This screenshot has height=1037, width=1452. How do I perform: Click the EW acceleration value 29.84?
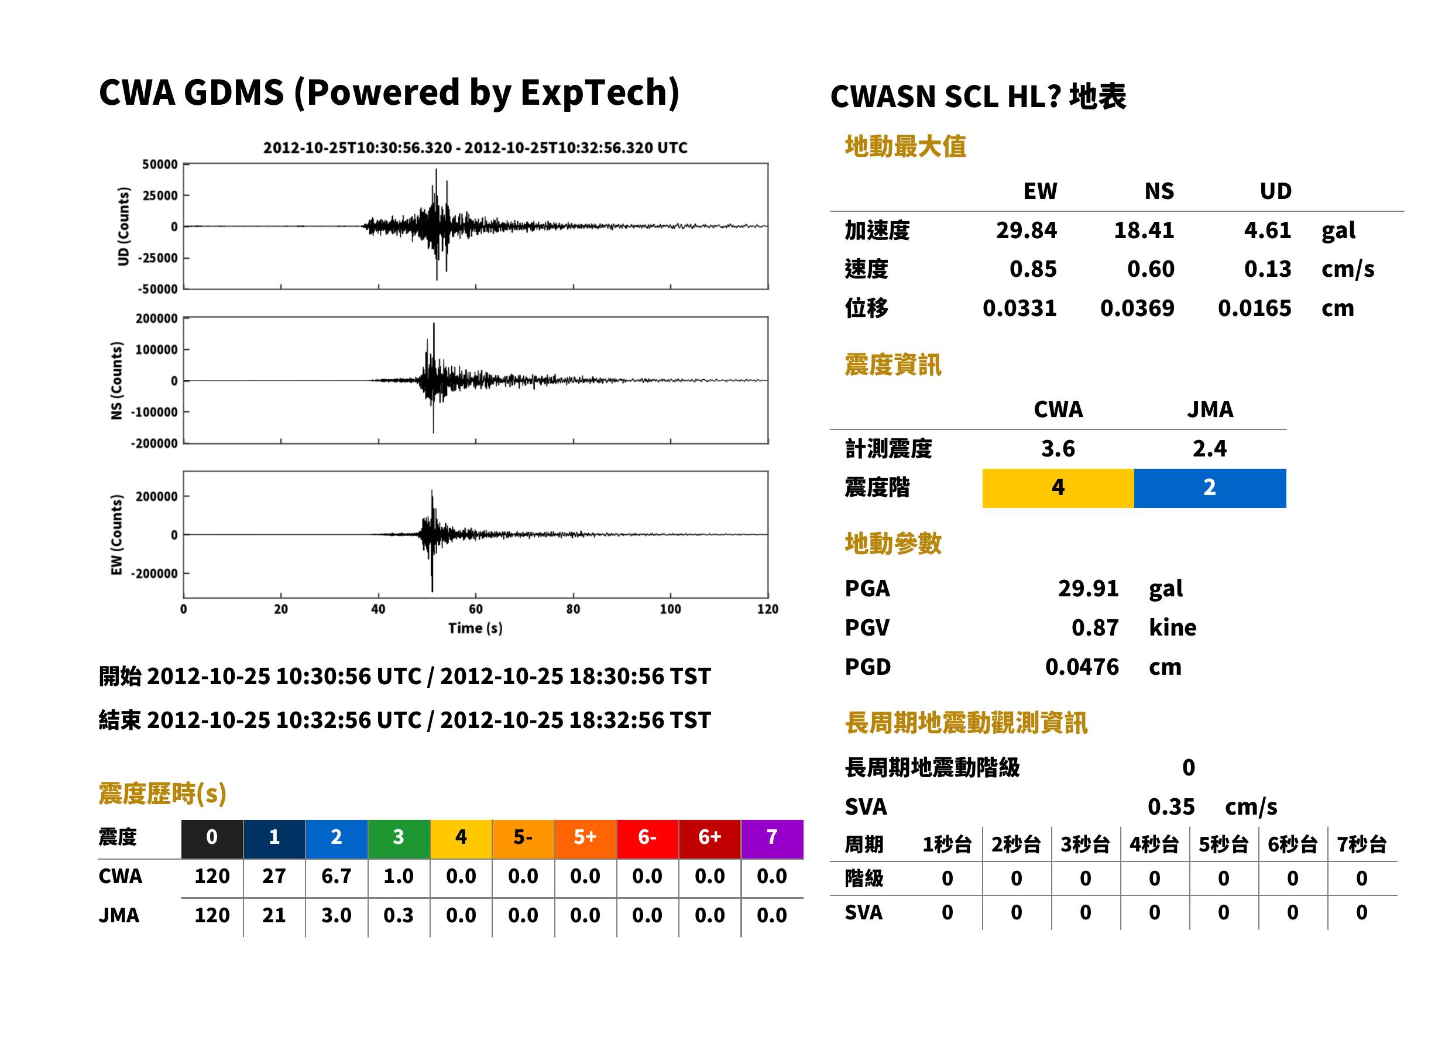[x=1026, y=230]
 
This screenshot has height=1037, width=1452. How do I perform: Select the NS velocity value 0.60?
[x=1151, y=269]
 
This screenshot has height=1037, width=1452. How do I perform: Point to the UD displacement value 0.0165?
[x=1254, y=308]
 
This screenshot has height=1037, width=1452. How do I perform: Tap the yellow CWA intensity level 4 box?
[x=1058, y=488]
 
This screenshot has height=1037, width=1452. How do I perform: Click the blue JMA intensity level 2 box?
[x=1210, y=488]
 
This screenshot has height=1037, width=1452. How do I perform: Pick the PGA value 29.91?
[x=1088, y=588]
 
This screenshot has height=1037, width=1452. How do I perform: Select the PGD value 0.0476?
[x=1082, y=667]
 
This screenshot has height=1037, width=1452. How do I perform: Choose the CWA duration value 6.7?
[x=337, y=876]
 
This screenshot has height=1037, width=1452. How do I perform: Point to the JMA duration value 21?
[x=274, y=915]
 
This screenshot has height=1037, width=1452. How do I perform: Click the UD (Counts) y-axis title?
[x=123, y=226]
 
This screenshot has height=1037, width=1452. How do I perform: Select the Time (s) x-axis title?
[x=475, y=629]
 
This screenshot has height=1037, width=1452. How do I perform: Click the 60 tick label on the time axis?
[x=476, y=609]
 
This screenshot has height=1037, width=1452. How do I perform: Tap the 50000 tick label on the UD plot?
[x=160, y=165]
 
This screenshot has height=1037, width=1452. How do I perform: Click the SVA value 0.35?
[x=1171, y=806]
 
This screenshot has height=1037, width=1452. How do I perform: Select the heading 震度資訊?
[x=893, y=365]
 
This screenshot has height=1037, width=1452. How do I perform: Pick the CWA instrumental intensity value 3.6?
[x=1058, y=448]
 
